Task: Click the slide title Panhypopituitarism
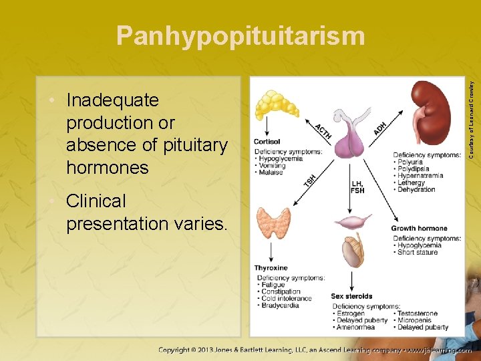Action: click(x=240, y=36)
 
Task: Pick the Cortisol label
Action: click(x=267, y=142)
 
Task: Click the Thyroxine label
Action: click(x=271, y=268)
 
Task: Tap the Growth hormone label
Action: click(x=420, y=229)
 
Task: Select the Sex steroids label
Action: click(x=351, y=296)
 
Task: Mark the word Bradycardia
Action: click(x=281, y=306)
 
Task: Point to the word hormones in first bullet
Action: click(x=108, y=167)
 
